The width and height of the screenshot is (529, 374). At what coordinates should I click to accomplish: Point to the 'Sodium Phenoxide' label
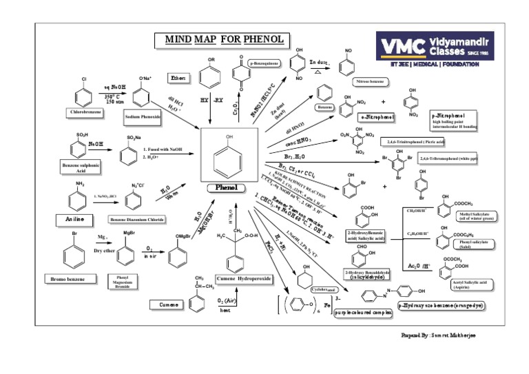coord(143,117)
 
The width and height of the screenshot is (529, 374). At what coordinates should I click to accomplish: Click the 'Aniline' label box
coord(75,217)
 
